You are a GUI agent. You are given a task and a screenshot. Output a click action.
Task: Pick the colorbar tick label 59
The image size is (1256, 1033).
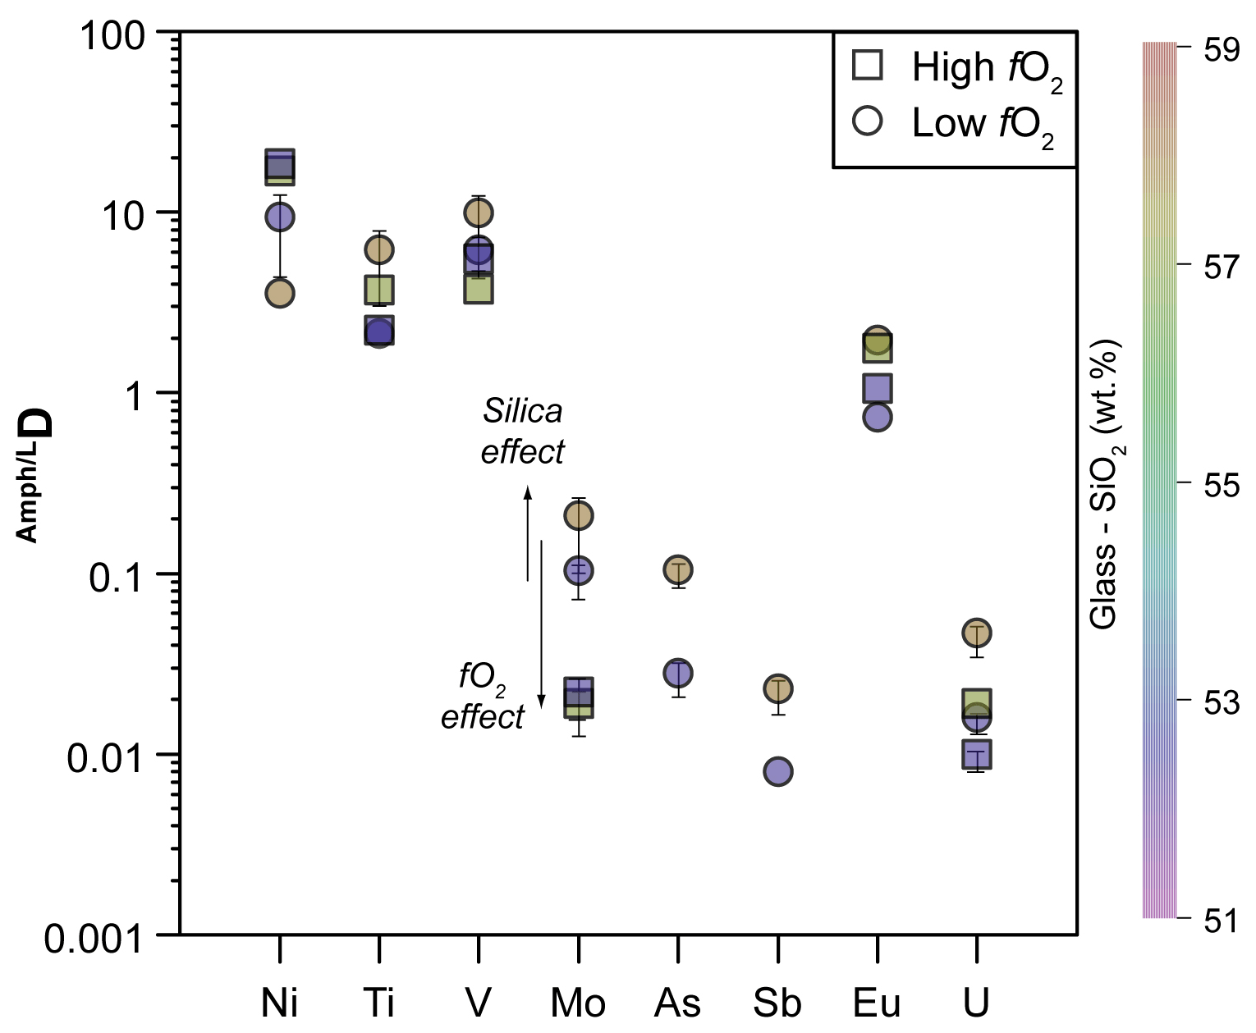point(1221,50)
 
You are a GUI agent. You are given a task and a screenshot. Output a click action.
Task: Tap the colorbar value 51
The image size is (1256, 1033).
point(1221,921)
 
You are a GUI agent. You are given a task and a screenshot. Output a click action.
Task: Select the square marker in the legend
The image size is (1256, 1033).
point(868,66)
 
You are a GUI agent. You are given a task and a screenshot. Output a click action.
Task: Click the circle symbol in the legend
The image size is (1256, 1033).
point(868,121)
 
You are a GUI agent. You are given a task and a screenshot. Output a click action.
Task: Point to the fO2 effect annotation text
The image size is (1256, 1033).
point(482,697)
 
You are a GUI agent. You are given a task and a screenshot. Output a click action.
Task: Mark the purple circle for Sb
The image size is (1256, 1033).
point(777,771)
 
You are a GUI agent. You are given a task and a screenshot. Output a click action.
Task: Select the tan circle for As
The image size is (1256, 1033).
point(678,569)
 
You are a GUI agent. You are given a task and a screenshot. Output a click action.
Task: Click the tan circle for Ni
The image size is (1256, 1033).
point(280,293)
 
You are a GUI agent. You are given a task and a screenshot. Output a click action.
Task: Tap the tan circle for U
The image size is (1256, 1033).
point(976,633)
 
